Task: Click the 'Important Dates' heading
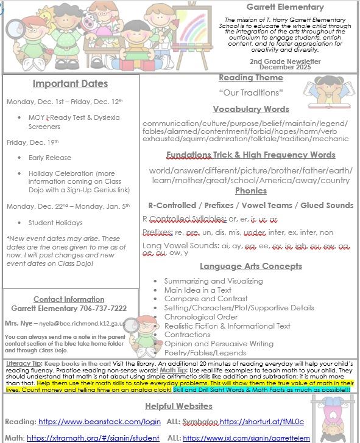[70, 84]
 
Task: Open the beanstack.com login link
[100, 421]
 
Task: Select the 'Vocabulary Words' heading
[251, 109]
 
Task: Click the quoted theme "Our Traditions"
[250, 92]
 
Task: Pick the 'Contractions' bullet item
[187, 335]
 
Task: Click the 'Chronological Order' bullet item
[200, 316]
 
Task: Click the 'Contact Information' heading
[69, 299]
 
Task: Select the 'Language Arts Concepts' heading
[250, 266]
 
